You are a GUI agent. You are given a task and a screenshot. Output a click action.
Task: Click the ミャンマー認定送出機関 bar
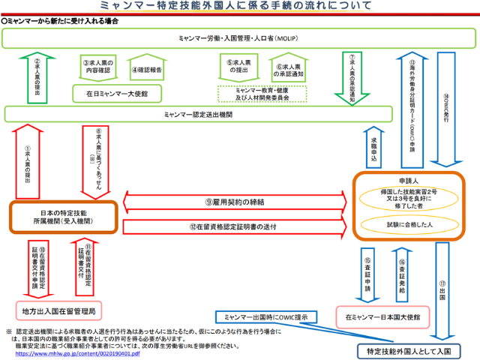(198, 114)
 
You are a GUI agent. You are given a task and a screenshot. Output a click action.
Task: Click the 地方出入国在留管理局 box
(61, 310)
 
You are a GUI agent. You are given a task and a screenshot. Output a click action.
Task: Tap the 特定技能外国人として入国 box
(408, 350)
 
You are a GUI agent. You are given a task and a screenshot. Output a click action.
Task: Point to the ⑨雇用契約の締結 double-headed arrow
(237, 202)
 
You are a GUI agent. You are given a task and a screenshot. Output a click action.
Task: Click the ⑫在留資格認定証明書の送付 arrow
(237, 226)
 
